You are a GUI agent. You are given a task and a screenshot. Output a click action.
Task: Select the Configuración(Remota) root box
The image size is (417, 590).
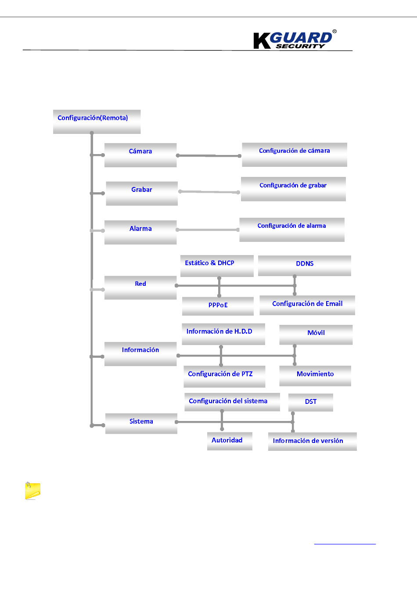97,122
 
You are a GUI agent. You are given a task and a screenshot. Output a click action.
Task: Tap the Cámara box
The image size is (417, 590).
140,155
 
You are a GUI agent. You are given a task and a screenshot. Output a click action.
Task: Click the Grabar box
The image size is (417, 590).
142,193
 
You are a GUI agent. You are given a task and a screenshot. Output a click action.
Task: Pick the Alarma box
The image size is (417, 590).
140,232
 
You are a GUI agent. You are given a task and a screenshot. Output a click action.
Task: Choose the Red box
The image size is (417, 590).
140,288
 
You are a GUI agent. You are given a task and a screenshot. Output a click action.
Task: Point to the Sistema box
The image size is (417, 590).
141,423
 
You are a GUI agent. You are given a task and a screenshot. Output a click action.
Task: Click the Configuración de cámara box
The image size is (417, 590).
294,155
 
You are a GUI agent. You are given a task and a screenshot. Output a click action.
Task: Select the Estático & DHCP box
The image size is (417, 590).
217,266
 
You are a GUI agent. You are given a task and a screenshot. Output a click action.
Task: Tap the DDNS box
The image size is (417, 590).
305,266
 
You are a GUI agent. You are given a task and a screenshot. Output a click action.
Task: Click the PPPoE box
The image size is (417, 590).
218,306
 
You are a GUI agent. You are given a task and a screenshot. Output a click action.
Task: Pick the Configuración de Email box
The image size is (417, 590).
307,305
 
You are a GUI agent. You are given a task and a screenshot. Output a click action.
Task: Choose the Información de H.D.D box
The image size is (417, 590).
223,334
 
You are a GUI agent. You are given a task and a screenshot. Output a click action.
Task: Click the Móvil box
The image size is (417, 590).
316,335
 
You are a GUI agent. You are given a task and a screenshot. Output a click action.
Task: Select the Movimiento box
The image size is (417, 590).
315,376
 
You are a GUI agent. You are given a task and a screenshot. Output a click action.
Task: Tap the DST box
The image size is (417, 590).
311,402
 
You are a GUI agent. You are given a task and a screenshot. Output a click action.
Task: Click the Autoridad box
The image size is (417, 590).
230,441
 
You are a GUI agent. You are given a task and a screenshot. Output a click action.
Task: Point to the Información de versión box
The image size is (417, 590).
312,442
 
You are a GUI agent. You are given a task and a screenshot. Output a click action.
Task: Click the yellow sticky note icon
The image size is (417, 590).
32,491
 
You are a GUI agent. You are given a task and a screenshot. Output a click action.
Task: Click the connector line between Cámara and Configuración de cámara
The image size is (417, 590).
209,155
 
